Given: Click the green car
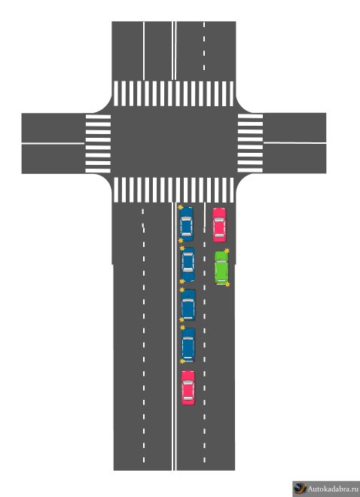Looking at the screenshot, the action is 222,267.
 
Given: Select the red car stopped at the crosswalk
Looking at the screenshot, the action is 219,224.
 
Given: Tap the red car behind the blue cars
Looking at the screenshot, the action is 188,388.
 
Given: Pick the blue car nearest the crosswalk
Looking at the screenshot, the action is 186,224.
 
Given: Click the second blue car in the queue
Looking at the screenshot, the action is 188,264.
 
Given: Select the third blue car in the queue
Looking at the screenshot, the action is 188,305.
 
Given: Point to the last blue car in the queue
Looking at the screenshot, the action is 188,345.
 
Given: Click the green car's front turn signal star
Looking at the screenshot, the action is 227,251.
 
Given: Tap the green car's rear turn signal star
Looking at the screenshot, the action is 227,285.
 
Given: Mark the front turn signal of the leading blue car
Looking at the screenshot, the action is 180,207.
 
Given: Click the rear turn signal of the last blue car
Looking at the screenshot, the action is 182,361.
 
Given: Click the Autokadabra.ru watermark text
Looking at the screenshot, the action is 333,489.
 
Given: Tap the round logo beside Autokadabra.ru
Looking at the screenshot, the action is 300,489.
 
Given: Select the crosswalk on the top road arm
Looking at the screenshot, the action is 174,93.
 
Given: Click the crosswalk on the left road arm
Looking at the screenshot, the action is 98,144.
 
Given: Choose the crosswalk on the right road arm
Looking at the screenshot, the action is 250,143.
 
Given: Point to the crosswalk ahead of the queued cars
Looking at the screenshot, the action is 174,190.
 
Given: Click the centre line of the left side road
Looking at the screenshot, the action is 53,143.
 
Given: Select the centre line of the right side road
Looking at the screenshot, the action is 294,143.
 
